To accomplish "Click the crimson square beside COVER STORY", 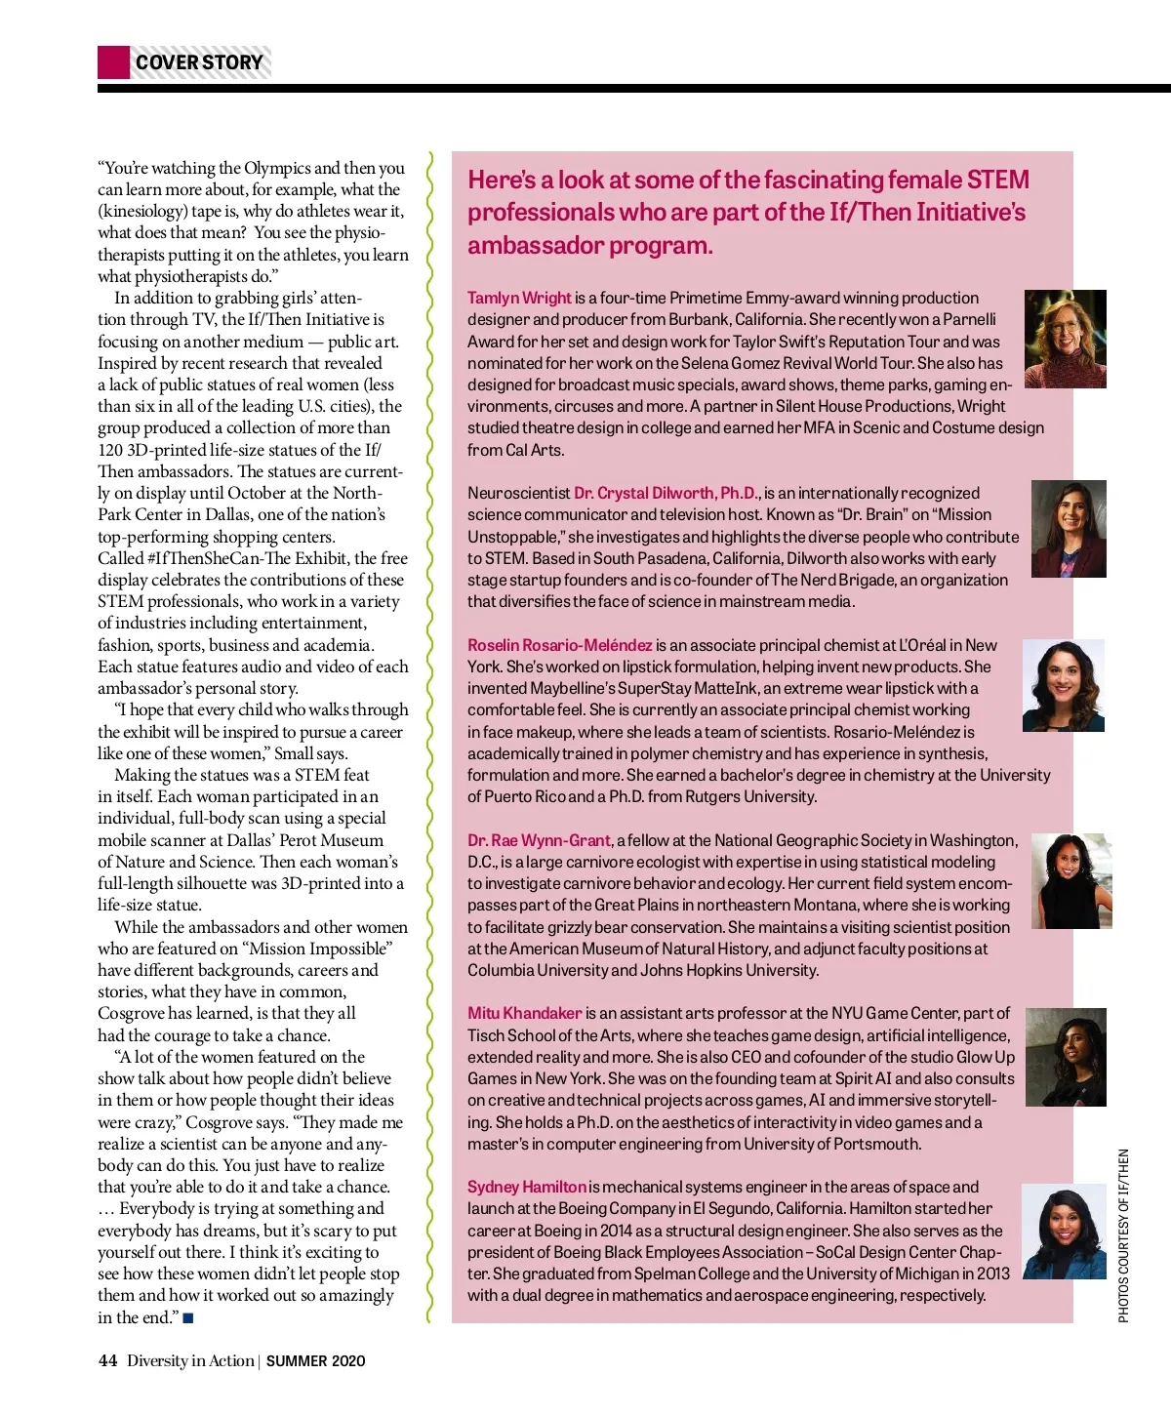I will coord(113,62).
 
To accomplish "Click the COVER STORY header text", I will coord(199,62).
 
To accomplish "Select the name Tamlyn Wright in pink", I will coord(519,298).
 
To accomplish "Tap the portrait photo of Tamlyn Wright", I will coord(1065,339).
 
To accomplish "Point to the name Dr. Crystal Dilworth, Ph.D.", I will coord(666,493).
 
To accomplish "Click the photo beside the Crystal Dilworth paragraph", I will coord(1069,528).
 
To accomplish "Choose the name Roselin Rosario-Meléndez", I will coord(559,645).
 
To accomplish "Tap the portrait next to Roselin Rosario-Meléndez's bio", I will coord(1063,685).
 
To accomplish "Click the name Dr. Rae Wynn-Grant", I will coord(539,840).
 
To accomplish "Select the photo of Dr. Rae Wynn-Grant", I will coord(1070,880).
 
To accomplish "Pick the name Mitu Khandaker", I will coord(524,1013).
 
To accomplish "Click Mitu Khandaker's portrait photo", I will coord(1066,1057).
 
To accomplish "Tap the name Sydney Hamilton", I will coord(526,1187).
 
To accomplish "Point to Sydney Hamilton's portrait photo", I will coord(1064,1231).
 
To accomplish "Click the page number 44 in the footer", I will coord(107,1360).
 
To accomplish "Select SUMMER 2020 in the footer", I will coord(315,1361).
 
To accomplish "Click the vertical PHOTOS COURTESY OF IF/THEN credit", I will coord(1123,1235).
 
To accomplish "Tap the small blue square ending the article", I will coord(188,1318).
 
